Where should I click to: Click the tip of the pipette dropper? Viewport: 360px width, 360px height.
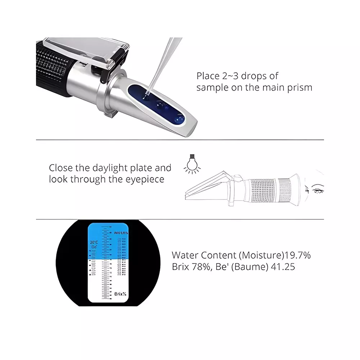point(147,95)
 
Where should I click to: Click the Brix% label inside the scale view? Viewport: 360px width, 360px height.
point(120,294)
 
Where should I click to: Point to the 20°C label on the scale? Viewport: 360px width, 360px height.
point(94,242)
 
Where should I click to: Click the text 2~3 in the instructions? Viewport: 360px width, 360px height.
point(230,76)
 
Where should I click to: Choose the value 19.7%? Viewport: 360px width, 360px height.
point(298,256)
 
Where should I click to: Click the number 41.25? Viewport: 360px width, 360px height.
point(282,267)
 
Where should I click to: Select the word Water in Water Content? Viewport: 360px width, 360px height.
point(185,256)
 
